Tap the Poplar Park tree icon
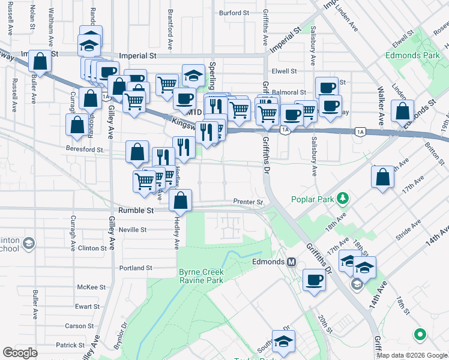click(342, 197)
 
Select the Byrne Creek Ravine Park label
click(201, 276)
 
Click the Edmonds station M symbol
click(292, 262)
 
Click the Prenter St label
click(249, 202)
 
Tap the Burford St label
click(234, 13)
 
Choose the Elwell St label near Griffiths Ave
click(285, 71)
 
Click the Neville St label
click(133, 230)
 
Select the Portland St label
click(136, 268)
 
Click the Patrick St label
click(70, 345)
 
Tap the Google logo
click(20, 353)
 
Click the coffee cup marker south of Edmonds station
click(314, 279)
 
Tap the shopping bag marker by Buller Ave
click(39, 61)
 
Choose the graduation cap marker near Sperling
click(193, 75)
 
